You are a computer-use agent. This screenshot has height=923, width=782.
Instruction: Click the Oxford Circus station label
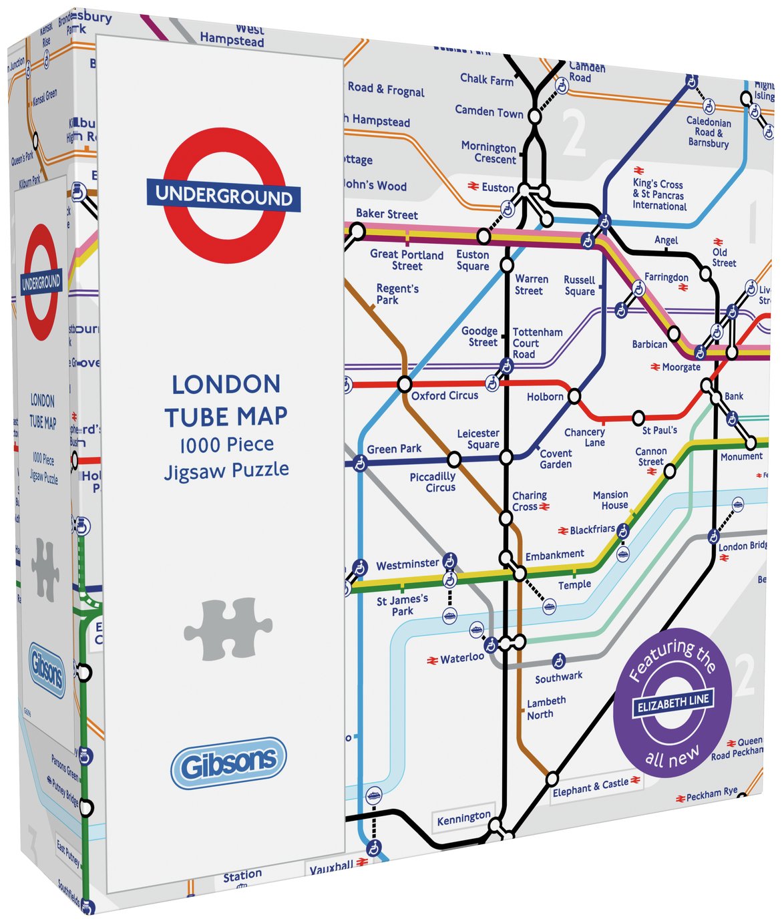(445, 395)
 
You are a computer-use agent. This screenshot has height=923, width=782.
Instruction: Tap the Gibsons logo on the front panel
(228, 763)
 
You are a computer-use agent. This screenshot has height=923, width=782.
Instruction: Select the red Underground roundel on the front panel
(224, 196)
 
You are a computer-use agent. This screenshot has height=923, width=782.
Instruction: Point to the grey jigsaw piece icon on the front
(228, 628)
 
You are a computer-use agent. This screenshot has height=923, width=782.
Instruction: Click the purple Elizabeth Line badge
(672, 703)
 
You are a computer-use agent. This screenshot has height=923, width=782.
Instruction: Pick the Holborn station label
(545, 397)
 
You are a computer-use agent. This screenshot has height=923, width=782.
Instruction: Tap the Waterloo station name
(461, 659)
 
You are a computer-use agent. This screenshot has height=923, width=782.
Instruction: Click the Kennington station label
(463, 818)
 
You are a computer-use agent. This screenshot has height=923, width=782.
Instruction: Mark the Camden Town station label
(489, 112)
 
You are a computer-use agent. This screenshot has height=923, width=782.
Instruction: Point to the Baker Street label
(387, 214)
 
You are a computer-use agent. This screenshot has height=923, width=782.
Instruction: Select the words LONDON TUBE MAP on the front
(226, 400)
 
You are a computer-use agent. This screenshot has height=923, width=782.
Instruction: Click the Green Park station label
(394, 449)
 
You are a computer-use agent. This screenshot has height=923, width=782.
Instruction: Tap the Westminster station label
(407, 564)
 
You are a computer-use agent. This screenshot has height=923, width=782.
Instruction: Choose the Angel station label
(666, 240)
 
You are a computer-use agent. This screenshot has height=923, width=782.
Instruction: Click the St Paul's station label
(660, 431)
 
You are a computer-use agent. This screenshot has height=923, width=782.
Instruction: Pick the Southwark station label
(558, 677)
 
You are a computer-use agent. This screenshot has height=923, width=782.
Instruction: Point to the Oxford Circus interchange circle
(404, 384)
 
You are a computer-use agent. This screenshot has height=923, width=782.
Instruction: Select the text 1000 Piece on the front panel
(226, 445)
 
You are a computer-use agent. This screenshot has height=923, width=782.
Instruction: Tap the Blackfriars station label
(592, 530)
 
